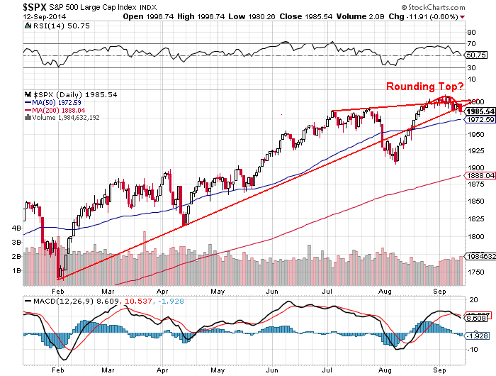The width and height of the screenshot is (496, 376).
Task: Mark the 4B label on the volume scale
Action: click(x=14, y=228)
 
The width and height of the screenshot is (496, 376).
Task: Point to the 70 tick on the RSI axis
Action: click(x=469, y=43)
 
